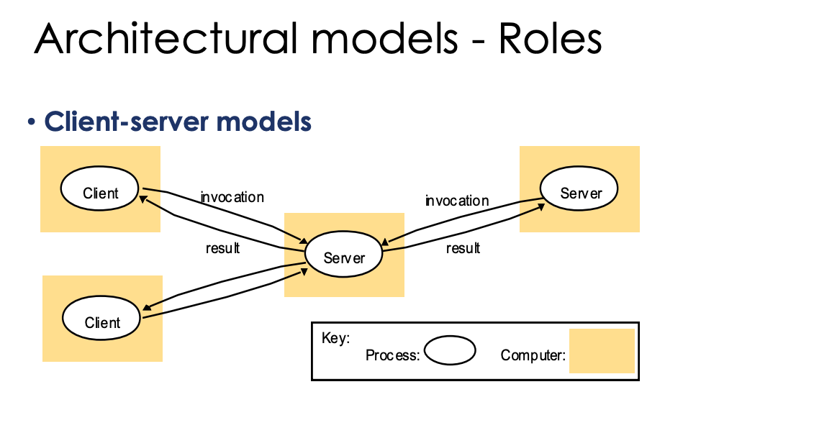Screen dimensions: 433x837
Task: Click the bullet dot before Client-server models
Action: (x=31, y=122)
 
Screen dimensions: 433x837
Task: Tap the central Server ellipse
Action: (x=343, y=256)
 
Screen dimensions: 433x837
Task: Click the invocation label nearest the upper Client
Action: (x=232, y=197)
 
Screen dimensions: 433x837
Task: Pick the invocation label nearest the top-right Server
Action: (x=456, y=201)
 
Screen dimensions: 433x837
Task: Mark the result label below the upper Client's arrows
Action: (x=222, y=248)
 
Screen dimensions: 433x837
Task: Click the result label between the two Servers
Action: (x=463, y=248)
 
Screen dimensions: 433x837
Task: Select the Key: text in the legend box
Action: (x=335, y=338)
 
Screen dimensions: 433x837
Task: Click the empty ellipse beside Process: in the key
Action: (x=450, y=351)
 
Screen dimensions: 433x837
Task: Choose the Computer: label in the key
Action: (x=533, y=355)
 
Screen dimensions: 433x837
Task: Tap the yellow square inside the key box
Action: (x=602, y=351)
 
